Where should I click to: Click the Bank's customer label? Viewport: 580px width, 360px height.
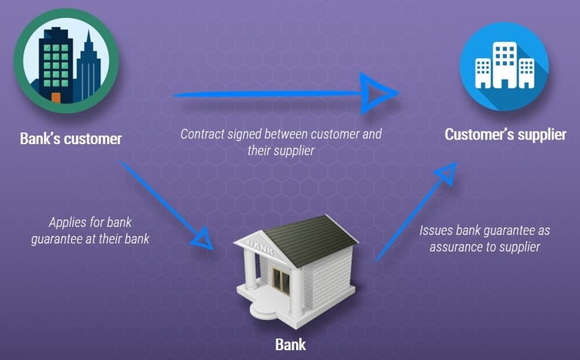(x=70, y=139)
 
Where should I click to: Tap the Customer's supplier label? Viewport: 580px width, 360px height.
(x=504, y=135)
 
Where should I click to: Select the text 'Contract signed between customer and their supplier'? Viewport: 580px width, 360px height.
(x=281, y=142)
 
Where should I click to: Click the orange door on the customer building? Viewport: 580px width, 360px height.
(x=55, y=98)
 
